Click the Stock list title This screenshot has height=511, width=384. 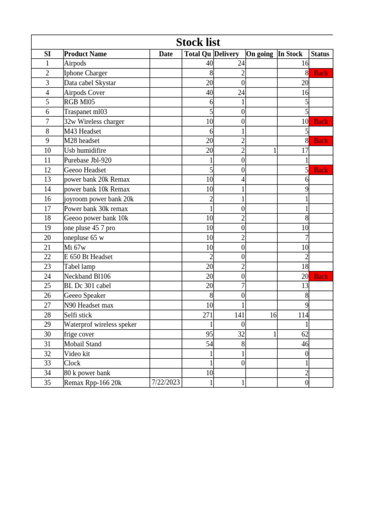197,42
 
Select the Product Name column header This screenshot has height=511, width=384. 85,54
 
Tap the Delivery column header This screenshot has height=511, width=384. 226,54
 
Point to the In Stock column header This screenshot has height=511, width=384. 290,54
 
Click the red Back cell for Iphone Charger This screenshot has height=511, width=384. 320,73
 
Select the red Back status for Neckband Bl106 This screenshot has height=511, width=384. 320,276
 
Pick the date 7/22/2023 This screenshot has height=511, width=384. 165,382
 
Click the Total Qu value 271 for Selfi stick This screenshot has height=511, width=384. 206,315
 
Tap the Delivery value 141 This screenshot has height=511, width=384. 238,315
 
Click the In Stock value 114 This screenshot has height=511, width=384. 301,315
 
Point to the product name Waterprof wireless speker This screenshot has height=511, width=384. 100,324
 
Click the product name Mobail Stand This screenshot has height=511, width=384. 82,344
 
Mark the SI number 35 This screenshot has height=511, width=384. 47,383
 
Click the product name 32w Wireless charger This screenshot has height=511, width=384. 94,121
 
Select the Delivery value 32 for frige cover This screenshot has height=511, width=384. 241,334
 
